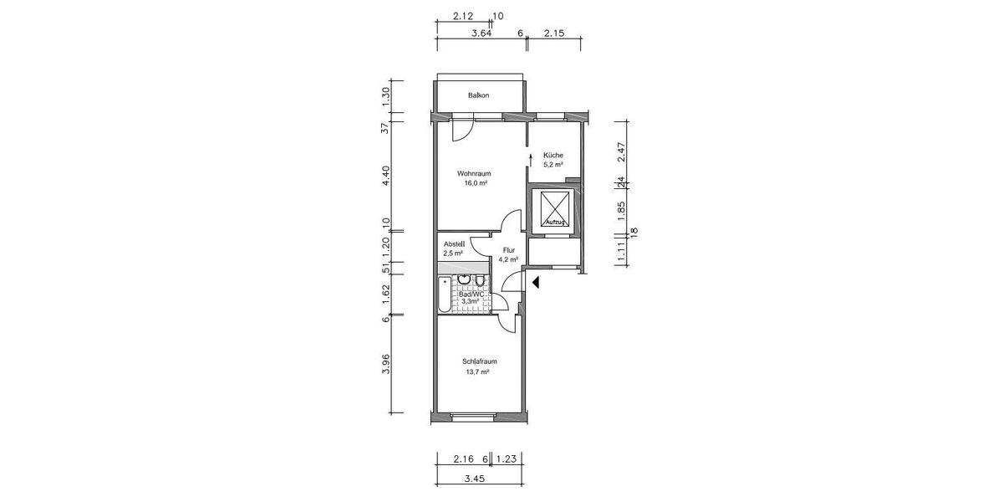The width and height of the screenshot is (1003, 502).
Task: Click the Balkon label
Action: click(478, 95)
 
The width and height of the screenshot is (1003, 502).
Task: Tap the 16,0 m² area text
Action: click(476, 183)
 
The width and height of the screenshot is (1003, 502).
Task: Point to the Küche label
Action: click(552, 155)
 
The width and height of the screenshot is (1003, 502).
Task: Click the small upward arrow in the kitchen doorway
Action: click(531, 158)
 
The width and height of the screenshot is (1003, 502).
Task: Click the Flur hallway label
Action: click(508, 250)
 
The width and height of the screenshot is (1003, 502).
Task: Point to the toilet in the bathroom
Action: click(481, 280)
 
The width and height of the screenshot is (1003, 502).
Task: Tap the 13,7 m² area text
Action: click(476, 371)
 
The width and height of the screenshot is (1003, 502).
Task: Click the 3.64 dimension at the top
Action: click(481, 33)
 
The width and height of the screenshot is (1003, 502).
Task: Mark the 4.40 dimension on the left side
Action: click(385, 176)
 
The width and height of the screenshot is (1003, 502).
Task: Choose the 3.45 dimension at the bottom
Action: click(475, 479)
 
